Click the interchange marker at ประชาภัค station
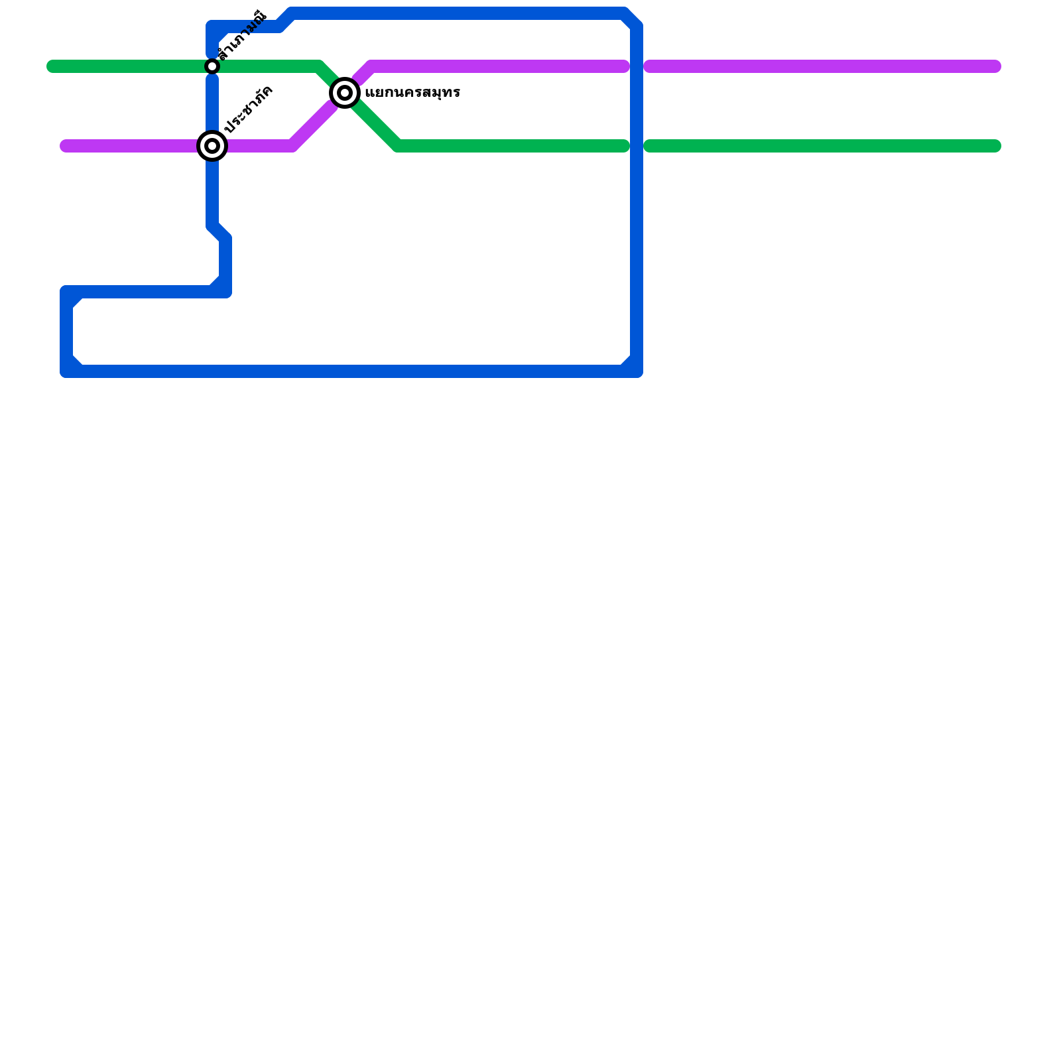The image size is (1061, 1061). pos(212,146)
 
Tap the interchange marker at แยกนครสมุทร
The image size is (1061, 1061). pos(345,93)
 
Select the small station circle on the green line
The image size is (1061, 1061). pos(212,66)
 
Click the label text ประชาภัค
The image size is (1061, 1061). pos(249,109)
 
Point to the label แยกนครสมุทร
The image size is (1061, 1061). pos(412,93)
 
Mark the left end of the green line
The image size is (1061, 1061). pos(52,66)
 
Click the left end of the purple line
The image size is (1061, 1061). pos(66,146)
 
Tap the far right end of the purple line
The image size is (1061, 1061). pos(995,66)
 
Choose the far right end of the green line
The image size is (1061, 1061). pos(995,146)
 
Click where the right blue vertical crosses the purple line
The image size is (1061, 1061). pos(637,66)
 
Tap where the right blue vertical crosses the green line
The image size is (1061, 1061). pos(637,146)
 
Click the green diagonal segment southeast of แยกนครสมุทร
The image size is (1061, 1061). pos(375,123)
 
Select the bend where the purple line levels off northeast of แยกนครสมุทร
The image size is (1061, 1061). pos(371,66)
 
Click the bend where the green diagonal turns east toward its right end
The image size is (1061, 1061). pos(398,146)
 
